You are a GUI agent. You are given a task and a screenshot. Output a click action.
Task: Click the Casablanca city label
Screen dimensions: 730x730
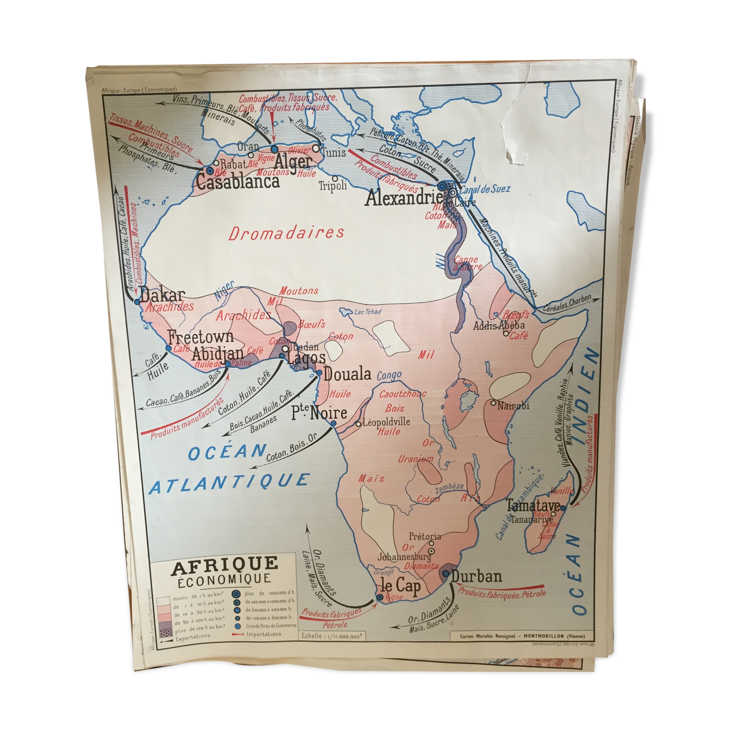237,181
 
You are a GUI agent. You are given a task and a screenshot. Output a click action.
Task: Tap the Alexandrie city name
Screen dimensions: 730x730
404,198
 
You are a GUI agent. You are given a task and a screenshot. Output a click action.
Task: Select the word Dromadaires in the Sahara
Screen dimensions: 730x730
286,233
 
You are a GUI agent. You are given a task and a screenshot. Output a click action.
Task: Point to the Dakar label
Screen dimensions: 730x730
162,295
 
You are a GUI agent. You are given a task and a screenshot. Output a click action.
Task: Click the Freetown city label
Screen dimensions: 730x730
200,336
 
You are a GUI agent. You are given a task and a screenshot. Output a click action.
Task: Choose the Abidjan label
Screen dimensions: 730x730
218,353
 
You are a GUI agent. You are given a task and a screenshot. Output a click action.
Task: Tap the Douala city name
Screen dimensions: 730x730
347,374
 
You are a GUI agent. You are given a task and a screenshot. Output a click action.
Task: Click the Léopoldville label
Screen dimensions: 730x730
386,422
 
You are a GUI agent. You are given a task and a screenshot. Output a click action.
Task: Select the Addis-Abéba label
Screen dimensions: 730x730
499,326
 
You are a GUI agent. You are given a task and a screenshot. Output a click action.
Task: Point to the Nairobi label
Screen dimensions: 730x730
513,405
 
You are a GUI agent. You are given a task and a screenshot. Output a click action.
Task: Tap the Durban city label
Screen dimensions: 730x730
476,576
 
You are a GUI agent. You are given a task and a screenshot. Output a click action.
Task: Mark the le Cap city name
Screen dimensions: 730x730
401,585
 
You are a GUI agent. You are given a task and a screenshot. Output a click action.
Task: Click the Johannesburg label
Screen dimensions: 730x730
404,557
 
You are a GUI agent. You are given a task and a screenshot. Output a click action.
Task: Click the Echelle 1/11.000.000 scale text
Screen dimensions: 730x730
331,636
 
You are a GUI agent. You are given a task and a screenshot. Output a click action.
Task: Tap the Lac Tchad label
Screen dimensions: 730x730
367,312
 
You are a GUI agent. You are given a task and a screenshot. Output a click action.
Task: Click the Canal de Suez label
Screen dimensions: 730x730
484,189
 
